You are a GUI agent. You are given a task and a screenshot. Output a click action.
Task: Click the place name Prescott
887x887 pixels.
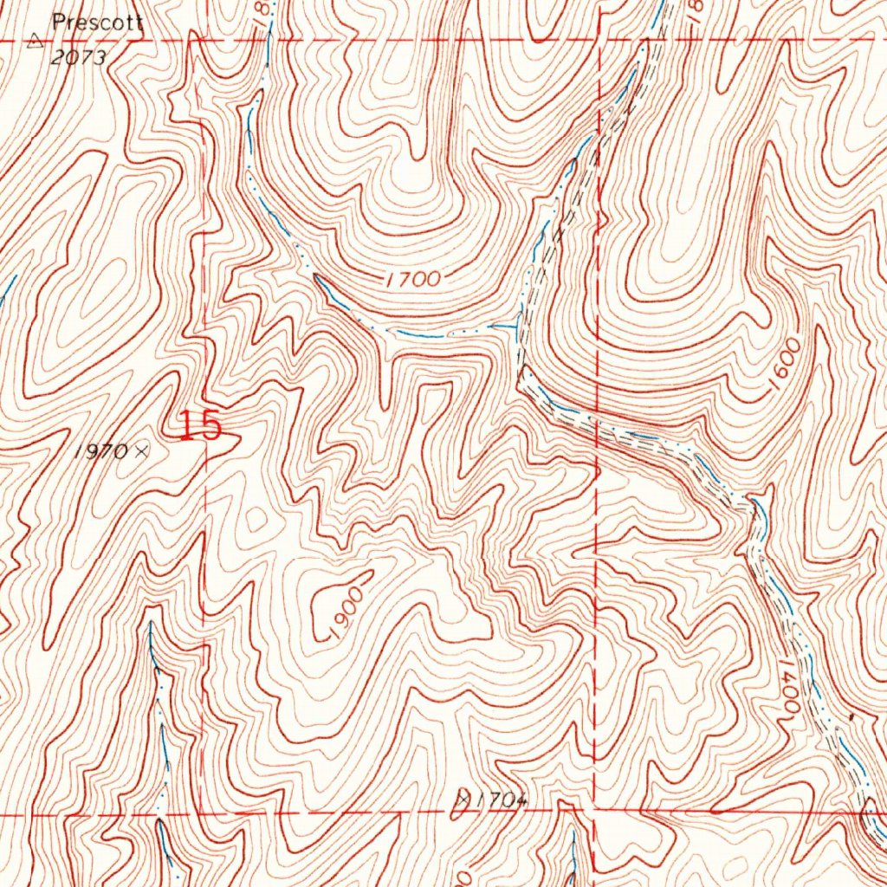[97, 23]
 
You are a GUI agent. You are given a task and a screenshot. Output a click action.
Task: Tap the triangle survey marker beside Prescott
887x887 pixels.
[36, 39]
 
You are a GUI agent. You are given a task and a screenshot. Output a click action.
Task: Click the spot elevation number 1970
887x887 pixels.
[101, 450]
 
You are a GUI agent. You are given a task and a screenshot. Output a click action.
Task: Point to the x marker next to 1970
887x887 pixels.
[141, 450]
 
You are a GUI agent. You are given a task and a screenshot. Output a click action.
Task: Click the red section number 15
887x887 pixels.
[201, 426]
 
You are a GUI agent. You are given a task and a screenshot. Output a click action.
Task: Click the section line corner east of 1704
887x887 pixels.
[595, 810]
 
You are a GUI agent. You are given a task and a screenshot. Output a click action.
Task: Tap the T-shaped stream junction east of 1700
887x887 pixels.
[516, 327]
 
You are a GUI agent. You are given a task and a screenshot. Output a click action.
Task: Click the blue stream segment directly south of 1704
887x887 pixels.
[573, 853]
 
